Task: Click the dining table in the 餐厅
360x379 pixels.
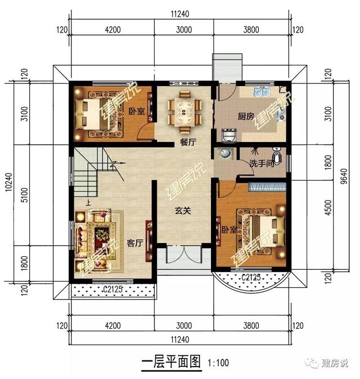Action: click(185, 111)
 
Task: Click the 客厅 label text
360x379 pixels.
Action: click(134, 243)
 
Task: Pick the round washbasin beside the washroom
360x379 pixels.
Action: click(224, 154)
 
